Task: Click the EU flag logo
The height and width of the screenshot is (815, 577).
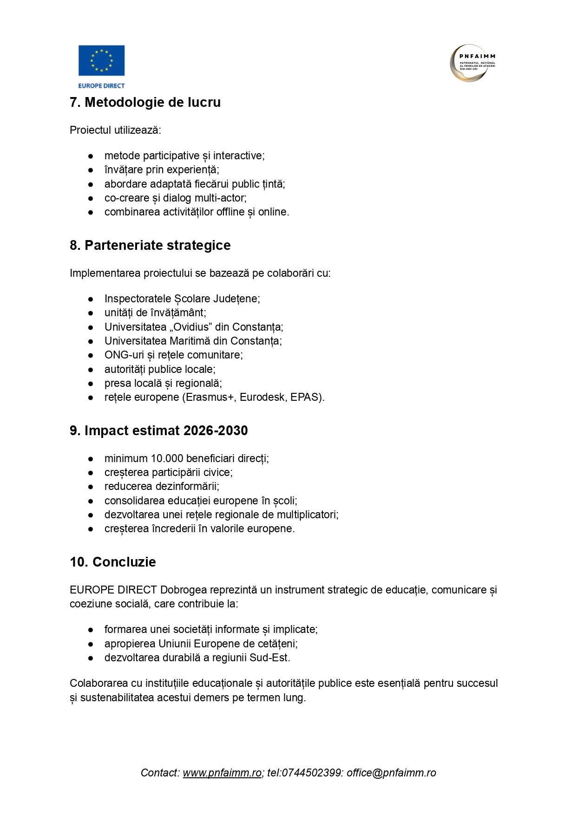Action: pyautogui.click(x=101, y=60)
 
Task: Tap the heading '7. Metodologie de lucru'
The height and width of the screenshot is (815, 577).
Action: pyautogui.click(x=145, y=102)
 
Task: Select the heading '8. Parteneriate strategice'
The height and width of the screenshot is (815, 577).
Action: pyautogui.click(x=150, y=245)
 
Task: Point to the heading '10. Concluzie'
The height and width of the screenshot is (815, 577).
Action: pyautogui.click(x=113, y=562)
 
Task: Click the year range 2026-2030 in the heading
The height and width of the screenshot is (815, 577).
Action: pyautogui.click(x=216, y=430)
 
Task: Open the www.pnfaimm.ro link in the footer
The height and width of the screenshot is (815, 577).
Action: pyautogui.click(x=222, y=773)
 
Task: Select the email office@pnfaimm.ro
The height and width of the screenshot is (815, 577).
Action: pyautogui.click(x=391, y=773)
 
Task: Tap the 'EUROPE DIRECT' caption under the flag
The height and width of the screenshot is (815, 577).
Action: pyautogui.click(x=101, y=85)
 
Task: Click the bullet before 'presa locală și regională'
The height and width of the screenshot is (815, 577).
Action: pyautogui.click(x=91, y=384)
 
